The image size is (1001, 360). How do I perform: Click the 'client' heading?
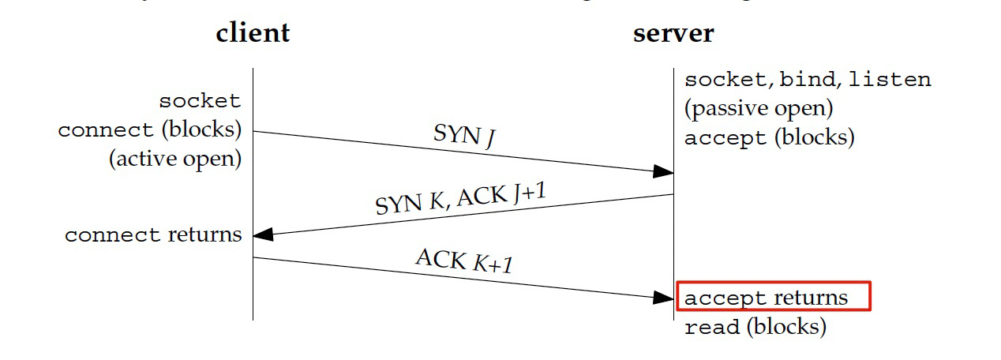point(253,32)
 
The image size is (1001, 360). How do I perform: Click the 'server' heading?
point(673,32)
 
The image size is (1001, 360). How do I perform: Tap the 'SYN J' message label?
point(464,136)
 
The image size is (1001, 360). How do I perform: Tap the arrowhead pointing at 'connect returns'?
point(264,234)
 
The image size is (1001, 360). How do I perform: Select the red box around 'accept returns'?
point(774,297)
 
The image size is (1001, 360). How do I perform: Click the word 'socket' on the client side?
point(200,101)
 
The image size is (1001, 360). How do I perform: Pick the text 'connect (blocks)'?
point(149,129)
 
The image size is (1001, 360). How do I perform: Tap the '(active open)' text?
point(174,158)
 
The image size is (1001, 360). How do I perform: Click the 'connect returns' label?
point(153,234)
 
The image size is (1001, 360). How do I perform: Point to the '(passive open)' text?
point(759,108)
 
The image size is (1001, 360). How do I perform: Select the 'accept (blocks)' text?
point(769,137)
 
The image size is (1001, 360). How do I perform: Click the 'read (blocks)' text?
point(755,326)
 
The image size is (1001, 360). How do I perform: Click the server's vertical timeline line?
point(673,237)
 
